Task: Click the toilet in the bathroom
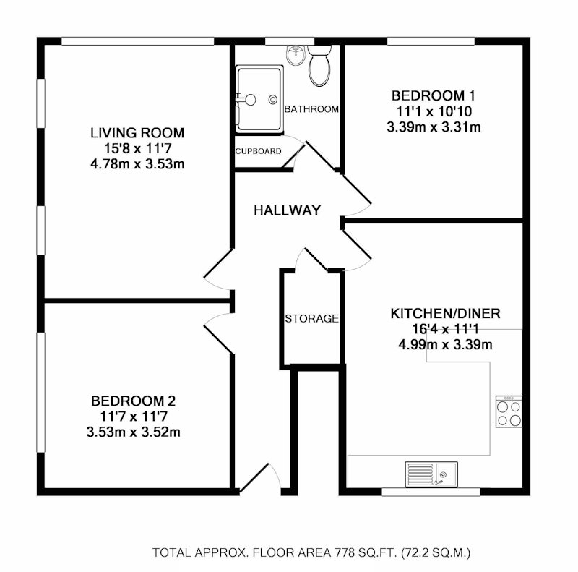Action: pyautogui.click(x=319, y=66)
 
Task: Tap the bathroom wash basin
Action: pyautogui.click(x=296, y=56)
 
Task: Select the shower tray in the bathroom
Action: pyautogui.click(x=259, y=99)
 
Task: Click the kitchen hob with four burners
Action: pyautogui.click(x=509, y=411)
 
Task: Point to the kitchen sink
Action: pyautogui.click(x=431, y=474)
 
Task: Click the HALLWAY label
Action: pyautogui.click(x=287, y=210)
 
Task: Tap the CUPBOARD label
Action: pyautogui.click(x=258, y=151)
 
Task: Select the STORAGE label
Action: pyautogui.click(x=311, y=318)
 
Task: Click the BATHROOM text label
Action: pyautogui.click(x=311, y=109)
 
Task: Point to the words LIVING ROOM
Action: pyautogui.click(x=137, y=133)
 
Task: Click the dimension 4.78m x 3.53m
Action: pyautogui.click(x=137, y=164)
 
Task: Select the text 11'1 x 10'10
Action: pyautogui.click(x=434, y=111)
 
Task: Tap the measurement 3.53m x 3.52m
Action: pyautogui.click(x=134, y=432)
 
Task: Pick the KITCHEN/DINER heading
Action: pyautogui.click(x=445, y=314)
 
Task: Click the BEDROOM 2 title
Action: pyautogui.click(x=134, y=401)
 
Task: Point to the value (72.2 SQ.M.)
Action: pyautogui.click(x=436, y=552)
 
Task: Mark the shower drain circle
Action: pyautogui.click(x=273, y=99)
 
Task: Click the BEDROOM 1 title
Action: pyautogui.click(x=433, y=96)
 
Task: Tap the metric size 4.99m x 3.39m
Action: pyautogui.click(x=445, y=345)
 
